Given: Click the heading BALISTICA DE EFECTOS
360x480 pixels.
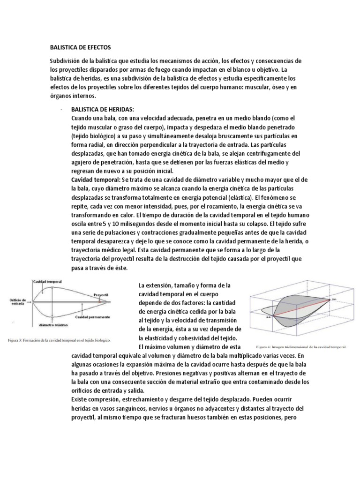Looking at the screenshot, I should tap(81, 47).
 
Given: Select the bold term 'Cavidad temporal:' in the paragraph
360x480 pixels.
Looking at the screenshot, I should tap(95, 180).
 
